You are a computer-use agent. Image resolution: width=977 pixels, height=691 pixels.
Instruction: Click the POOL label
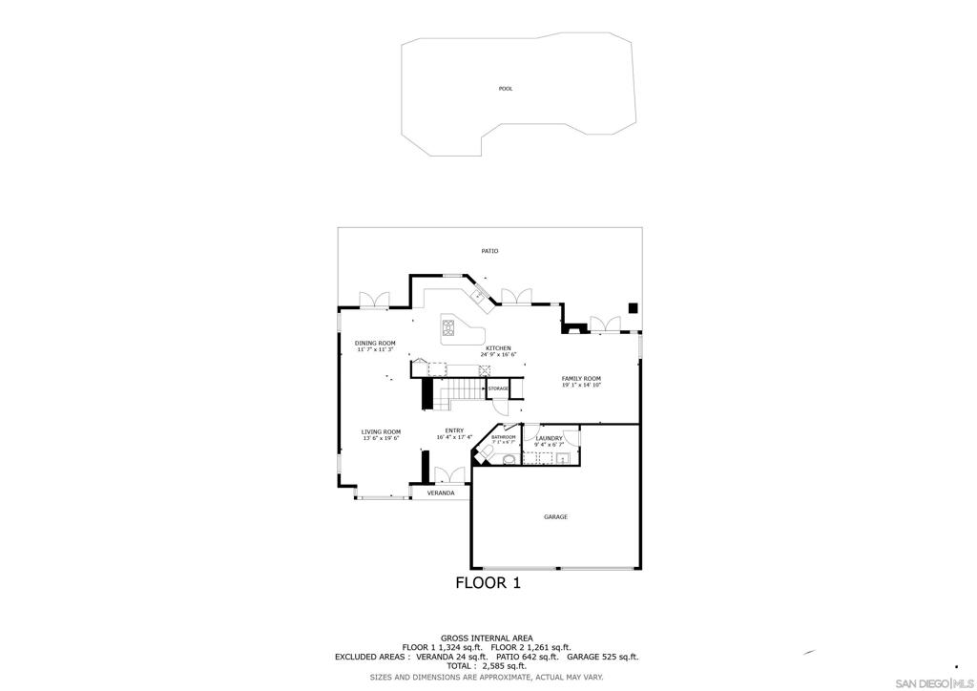click(x=506, y=89)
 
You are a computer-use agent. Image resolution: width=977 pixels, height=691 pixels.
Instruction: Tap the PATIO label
click(x=489, y=251)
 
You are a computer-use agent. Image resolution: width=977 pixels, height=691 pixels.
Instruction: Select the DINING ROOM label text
click(x=375, y=344)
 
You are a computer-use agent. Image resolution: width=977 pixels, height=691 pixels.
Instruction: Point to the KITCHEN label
click(x=498, y=348)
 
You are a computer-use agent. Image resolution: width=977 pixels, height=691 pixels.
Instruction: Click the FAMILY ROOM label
click(x=581, y=379)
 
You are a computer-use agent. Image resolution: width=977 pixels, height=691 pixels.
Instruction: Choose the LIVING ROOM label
click(x=381, y=432)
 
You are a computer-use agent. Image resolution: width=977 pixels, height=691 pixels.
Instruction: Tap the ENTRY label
click(x=454, y=430)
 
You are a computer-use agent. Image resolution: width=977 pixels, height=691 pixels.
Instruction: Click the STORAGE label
click(x=498, y=388)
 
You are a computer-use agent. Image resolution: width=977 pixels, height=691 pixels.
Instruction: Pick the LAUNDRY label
click(x=549, y=438)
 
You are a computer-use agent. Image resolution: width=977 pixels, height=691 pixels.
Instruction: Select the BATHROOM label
click(x=503, y=437)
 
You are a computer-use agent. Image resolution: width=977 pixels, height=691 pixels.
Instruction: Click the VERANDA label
click(x=441, y=492)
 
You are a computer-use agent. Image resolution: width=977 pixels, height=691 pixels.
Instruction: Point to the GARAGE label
click(x=555, y=517)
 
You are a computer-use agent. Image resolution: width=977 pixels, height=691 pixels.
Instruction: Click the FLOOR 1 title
click(x=488, y=583)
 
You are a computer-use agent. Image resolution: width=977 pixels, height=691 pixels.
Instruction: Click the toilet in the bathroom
click(x=487, y=451)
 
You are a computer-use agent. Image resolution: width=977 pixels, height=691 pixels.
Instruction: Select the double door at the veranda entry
click(x=448, y=475)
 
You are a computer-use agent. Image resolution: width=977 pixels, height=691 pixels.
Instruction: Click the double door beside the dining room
click(x=373, y=300)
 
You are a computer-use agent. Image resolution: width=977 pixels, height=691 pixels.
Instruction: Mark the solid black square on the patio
click(x=633, y=307)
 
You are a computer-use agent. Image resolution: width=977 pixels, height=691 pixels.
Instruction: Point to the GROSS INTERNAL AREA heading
click(x=487, y=638)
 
